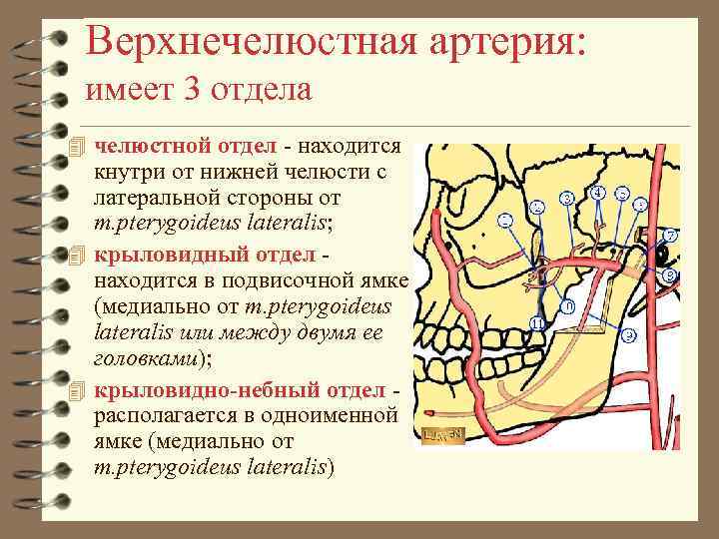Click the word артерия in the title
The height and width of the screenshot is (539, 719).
point(482,42)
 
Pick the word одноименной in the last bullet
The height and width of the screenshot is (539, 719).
point(339,415)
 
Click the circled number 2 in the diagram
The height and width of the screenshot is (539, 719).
point(537,208)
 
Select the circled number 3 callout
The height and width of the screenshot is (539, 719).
point(567,199)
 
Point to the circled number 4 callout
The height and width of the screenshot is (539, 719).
point(597,192)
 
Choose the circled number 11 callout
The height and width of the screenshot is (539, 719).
point(537,324)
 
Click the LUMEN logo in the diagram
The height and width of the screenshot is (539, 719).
point(443,435)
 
